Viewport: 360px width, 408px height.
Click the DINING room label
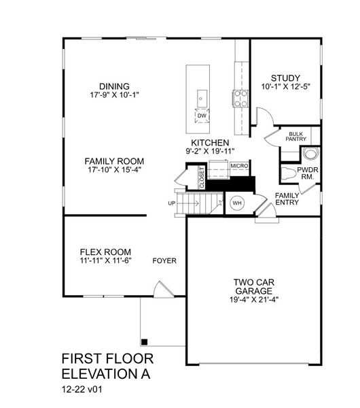(x=113, y=86)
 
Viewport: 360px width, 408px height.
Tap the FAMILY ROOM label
(x=114, y=161)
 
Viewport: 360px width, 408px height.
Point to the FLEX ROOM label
(x=105, y=251)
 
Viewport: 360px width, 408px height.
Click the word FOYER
(x=164, y=260)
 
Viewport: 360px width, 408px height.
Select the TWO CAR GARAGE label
(x=253, y=284)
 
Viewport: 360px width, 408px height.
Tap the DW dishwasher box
(x=201, y=116)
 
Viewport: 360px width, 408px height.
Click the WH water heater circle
(x=237, y=203)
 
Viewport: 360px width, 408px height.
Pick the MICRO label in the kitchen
(x=238, y=165)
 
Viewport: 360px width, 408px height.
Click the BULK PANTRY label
(x=295, y=137)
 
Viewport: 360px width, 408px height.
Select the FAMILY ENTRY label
(x=287, y=199)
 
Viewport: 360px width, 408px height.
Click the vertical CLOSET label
(x=202, y=177)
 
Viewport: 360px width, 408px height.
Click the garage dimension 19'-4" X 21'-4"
(x=253, y=299)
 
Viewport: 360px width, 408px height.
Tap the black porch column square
(x=144, y=341)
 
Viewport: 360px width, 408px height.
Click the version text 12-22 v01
(x=85, y=391)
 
